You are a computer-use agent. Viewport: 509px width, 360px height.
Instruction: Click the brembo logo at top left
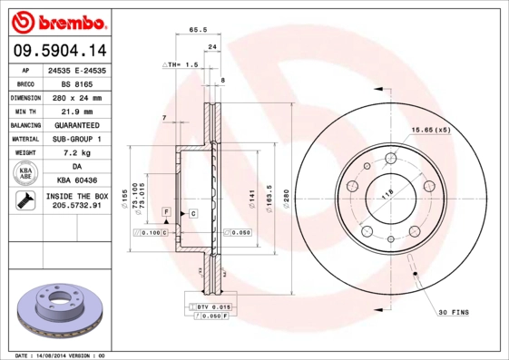(x=56, y=19)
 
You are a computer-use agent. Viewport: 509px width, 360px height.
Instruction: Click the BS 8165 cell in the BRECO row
(x=76, y=83)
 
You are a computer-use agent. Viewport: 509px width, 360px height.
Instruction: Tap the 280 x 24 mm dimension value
(x=76, y=96)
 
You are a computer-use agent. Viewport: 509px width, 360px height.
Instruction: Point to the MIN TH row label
(x=24, y=110)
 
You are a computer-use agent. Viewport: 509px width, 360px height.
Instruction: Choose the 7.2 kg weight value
(x=76, y=153)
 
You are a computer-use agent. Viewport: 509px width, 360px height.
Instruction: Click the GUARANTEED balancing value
(x=76, y=124)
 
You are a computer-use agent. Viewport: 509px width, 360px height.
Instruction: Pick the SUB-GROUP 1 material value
(x=76, y=139)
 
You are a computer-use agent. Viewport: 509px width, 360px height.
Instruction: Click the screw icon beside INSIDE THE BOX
(x=24, y=201)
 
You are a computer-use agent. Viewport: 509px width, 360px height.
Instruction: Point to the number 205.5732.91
(x=76, y=207)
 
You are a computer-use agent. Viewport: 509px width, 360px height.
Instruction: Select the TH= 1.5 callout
(x=182, y=65)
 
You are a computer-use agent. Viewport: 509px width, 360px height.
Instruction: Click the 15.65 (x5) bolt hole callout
(x=431, y=130)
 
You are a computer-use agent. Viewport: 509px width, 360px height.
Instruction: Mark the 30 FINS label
(x=454, y=312)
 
